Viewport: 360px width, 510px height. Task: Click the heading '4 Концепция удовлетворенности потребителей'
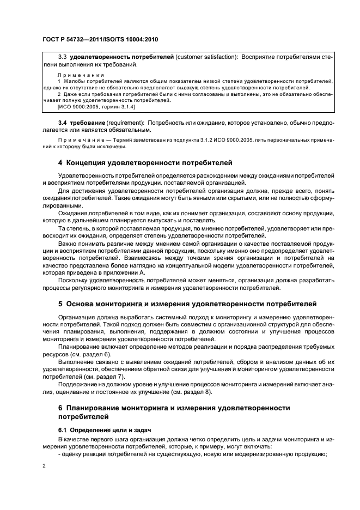145,162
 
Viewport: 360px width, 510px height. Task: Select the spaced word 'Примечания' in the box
81,74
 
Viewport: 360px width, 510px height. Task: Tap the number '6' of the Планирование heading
60,408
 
